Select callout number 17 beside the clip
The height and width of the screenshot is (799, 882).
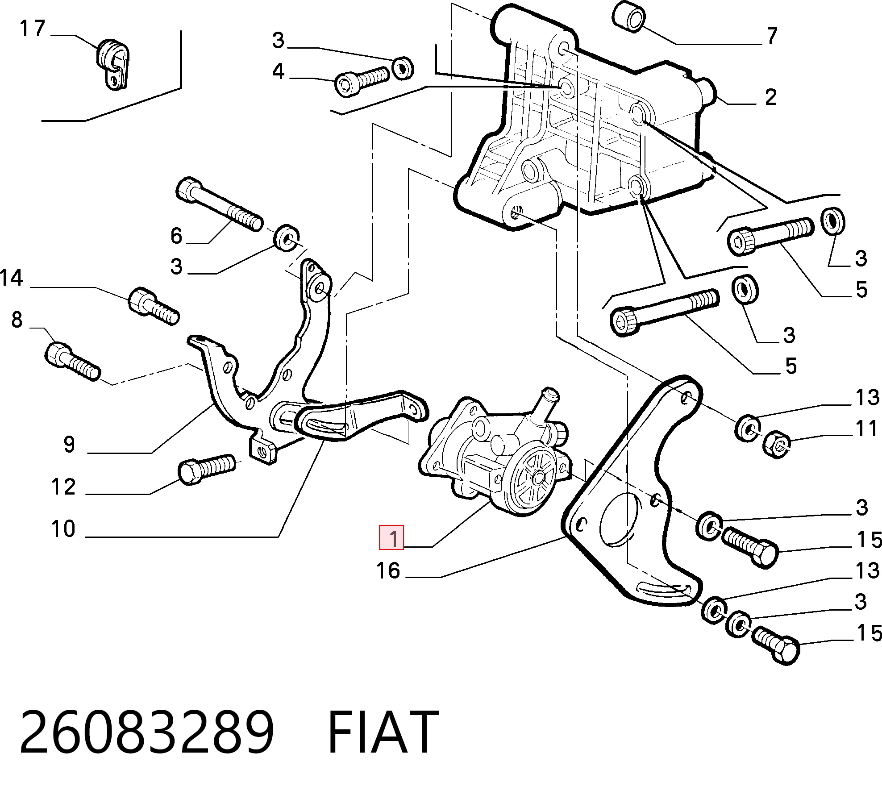(x=33, y=29)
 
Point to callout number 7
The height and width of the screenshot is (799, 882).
(x=772, y=36)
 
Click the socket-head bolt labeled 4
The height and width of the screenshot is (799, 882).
(x=362, y=82)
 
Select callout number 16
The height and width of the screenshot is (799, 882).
(x=388, y=571)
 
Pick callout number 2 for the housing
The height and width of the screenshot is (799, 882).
(x=771, y=97)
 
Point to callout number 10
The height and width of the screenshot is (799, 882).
(x=63, y=529)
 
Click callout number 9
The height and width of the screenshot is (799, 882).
(x=69, y=445)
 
